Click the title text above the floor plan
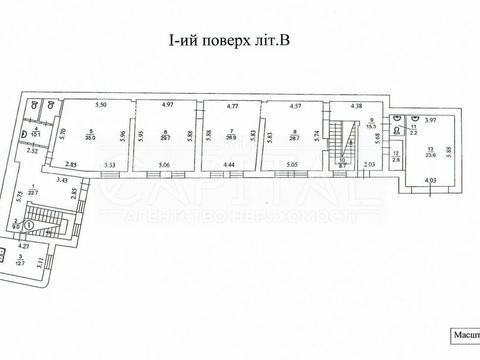[239, 41]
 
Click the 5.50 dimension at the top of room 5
[100, 105]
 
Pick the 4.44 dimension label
[229, 166]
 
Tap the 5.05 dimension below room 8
[292, 166]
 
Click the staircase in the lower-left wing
[45, 219]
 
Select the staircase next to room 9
[346, 137]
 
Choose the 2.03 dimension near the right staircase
[370, 165]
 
